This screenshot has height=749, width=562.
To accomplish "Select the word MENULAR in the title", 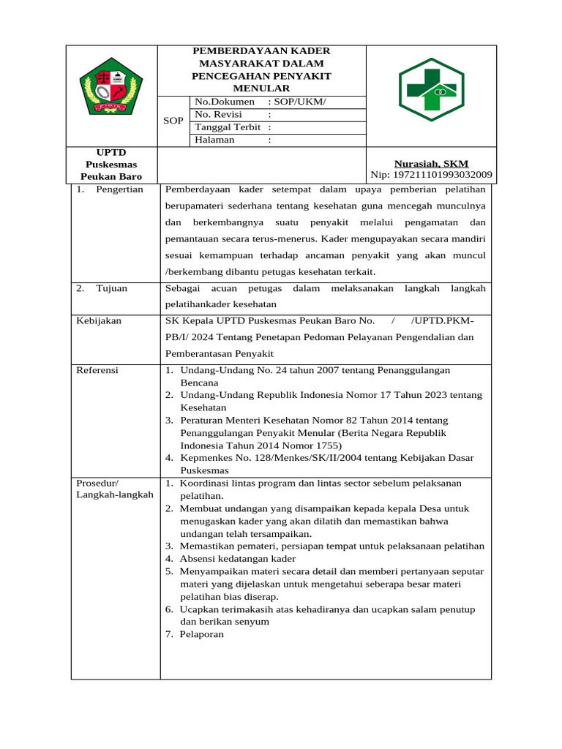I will point(261,88).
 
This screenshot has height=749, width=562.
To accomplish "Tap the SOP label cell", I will point(173,121).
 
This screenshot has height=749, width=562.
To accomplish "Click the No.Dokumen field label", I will point(225,102).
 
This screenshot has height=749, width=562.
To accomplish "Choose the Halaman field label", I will point(215,140).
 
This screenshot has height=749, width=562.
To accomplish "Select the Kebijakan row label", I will point(99,320).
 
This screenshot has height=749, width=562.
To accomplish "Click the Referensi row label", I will point(97,370).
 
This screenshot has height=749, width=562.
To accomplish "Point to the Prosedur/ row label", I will point(97,483).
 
